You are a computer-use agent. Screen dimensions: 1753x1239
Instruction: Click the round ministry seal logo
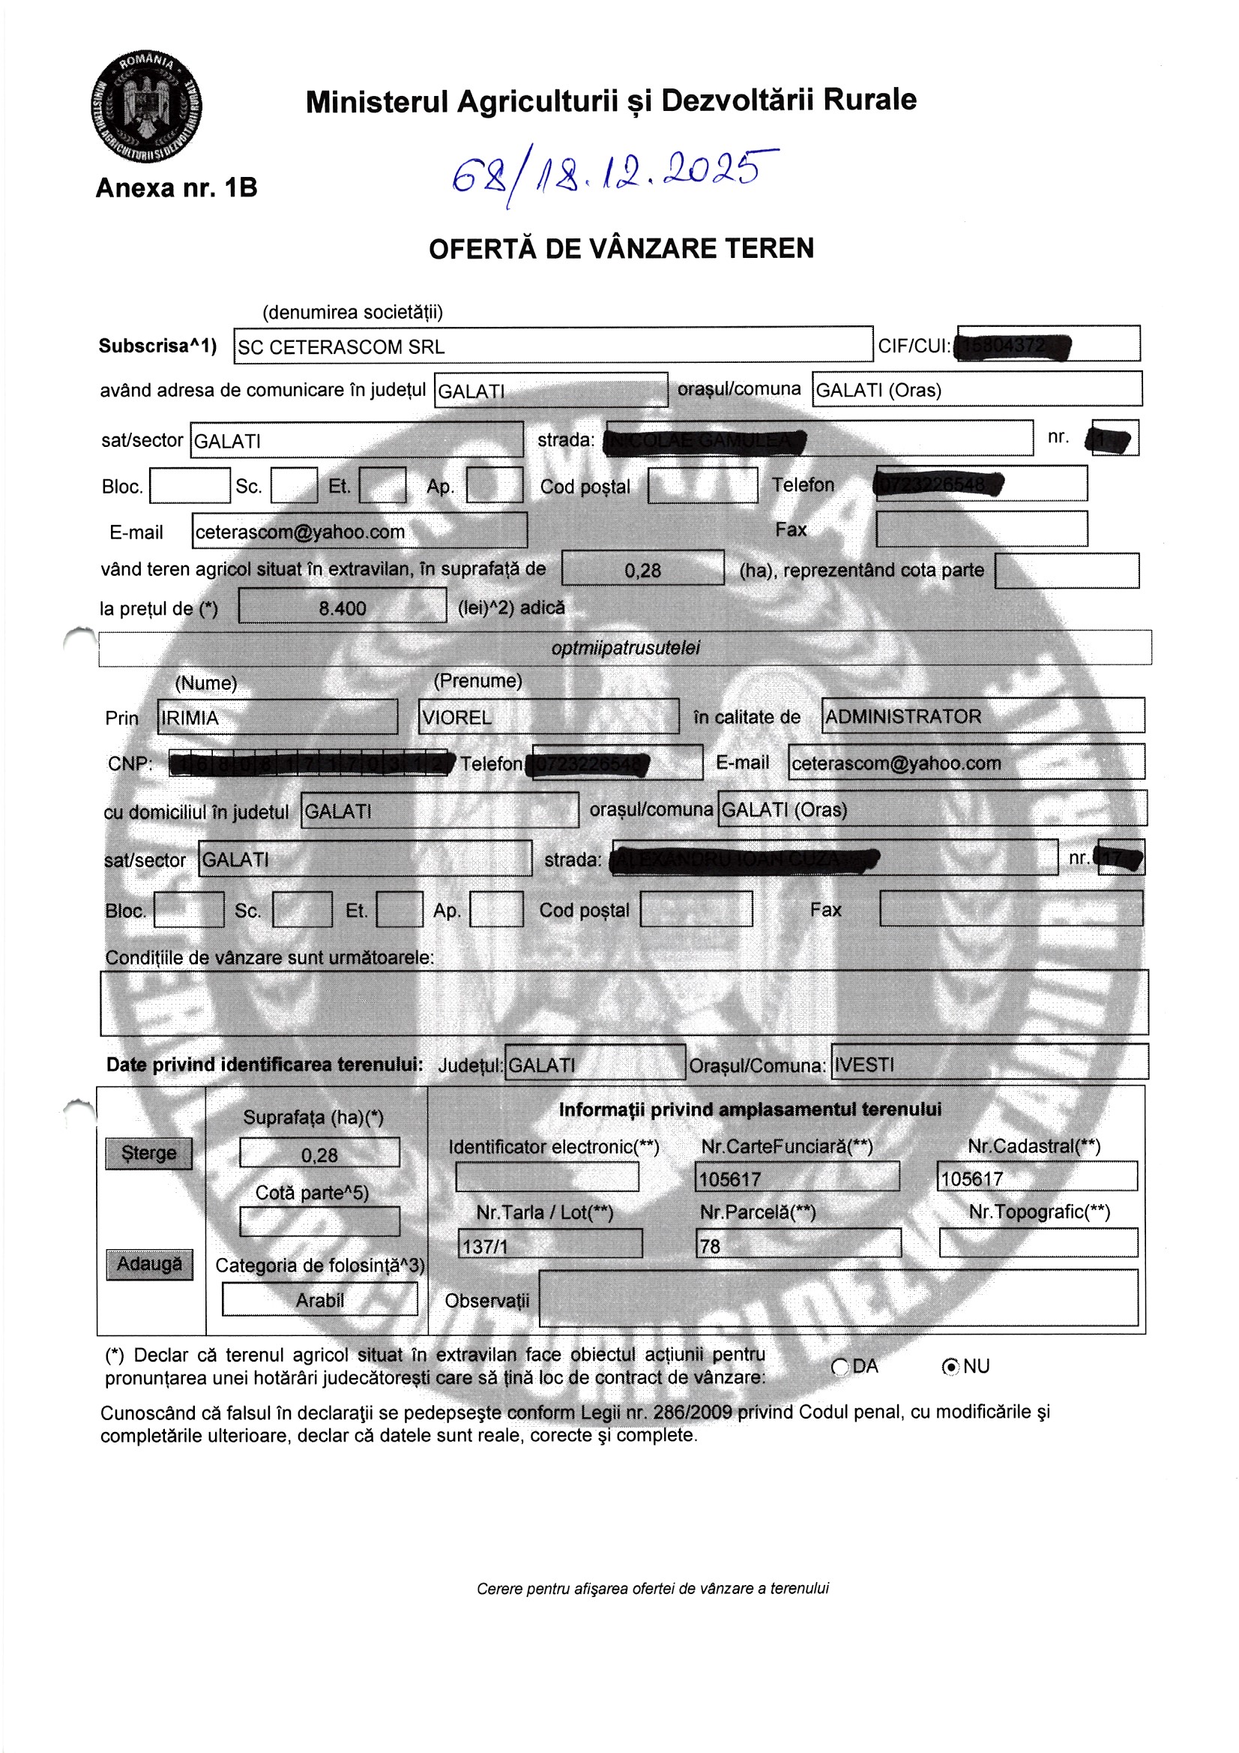click(146, 106)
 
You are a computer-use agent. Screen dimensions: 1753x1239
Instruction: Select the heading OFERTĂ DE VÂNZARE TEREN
click(621, 249)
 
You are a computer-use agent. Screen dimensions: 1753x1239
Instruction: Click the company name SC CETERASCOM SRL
click(341, 347)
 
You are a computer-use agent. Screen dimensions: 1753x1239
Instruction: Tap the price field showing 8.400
click(342, 608)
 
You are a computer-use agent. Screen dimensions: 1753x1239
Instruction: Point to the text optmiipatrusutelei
click(624, 649)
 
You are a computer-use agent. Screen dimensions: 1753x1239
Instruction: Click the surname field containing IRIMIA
click(277, 718)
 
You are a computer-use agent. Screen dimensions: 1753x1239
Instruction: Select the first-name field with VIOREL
click(547, 718)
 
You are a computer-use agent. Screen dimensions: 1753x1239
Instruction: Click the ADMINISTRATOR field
click(982, 717)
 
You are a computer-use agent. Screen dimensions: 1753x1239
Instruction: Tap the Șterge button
click(149, 1153)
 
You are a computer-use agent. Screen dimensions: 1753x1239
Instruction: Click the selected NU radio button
click(950, 1367)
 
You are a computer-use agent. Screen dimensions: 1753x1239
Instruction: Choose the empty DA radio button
click(839, 1367)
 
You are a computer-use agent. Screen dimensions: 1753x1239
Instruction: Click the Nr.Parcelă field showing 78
click(797, 1246)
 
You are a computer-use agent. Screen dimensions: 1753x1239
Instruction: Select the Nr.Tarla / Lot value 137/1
click(549, 1246)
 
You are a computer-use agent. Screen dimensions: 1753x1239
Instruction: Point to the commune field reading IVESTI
click(989, 1065)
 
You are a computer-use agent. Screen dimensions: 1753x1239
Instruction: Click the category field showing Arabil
click(320, 1300)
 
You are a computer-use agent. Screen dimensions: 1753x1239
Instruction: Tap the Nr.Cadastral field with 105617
click(1036, 1179)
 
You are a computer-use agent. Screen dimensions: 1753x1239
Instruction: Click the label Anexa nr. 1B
click(176, 187)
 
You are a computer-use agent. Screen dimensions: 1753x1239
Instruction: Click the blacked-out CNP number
click(308, 763)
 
